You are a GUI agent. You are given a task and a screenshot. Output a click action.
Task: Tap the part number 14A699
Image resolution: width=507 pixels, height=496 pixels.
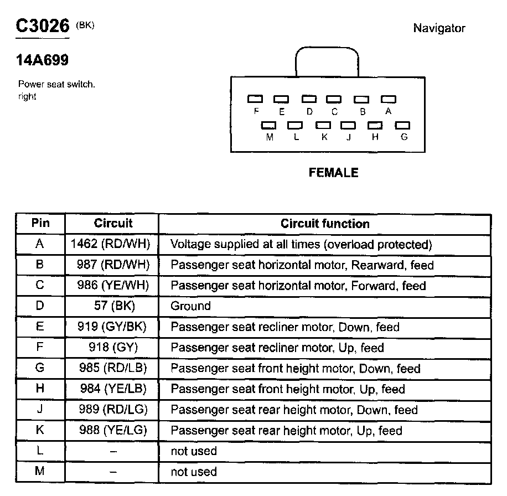[43, 60]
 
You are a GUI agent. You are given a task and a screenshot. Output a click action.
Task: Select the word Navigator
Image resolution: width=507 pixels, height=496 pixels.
[439, 28]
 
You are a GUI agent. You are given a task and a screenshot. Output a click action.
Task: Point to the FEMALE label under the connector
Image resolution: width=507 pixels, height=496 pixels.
[333, 173]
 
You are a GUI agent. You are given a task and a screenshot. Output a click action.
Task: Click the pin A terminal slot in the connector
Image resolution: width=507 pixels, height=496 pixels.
[389, 99]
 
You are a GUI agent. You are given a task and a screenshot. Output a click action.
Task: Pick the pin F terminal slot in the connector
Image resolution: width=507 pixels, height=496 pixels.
[255, 99]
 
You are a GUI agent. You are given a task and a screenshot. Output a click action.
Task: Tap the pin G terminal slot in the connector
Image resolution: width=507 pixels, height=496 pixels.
[402, 126]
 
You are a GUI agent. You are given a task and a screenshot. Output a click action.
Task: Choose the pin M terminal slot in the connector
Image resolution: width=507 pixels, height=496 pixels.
[269, 126]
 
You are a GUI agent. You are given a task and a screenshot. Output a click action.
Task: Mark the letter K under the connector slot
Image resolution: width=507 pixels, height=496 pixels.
[324, 137]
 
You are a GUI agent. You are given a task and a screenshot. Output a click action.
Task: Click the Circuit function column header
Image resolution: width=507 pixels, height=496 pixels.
[325, 224]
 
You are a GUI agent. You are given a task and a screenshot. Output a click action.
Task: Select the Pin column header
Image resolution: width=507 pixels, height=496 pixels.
[40, 223]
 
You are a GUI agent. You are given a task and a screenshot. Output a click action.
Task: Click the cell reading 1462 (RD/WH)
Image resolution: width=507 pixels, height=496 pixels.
[111, 244]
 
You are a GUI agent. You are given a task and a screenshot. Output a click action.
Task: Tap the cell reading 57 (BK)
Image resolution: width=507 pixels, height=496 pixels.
[111, 306]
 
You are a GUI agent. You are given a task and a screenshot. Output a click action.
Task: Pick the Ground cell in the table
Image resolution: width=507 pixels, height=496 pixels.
[190, 306]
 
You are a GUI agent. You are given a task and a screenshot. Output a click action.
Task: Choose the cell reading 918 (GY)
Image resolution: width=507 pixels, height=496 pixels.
[111, 348]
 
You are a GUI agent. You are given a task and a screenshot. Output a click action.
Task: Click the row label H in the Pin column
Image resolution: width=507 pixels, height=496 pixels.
[40, 389]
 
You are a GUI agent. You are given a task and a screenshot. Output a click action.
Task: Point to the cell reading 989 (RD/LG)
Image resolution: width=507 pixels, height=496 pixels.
[111, 410]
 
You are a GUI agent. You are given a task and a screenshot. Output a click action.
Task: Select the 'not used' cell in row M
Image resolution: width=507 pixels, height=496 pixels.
[194, 472]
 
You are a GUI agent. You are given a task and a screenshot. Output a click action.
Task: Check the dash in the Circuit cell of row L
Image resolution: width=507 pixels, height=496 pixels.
[112, 452]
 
